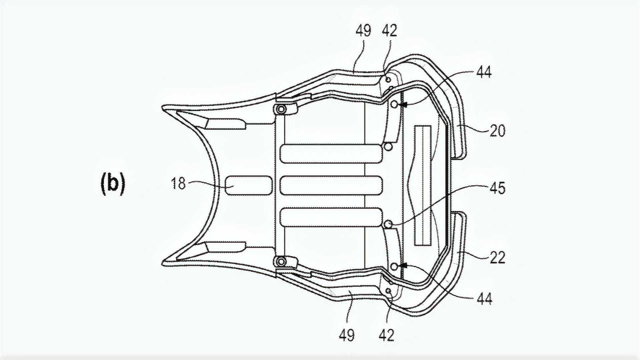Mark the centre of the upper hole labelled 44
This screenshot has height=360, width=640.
coord(394,104)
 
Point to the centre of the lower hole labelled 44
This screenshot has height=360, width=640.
coord(394,266)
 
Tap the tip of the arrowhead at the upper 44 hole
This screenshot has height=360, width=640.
coord(399,105)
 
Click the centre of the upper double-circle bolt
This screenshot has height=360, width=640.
coord(281,109)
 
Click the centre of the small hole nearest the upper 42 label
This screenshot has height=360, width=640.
coord(388,80)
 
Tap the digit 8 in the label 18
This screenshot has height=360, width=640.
coord(182,184)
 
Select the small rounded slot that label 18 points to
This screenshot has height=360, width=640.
coord(248,185)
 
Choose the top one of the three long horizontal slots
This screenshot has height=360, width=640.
coord(331,154)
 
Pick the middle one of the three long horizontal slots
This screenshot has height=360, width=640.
coord(331,185)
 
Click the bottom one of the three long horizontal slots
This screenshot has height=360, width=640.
coord(331,217)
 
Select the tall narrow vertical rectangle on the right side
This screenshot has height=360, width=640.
coord(423,186)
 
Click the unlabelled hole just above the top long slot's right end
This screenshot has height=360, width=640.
coord(388,146)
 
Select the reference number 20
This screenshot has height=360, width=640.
coord(498,131)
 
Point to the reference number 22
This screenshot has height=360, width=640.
coord(498,257)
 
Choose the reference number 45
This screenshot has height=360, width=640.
coord(498,188)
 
